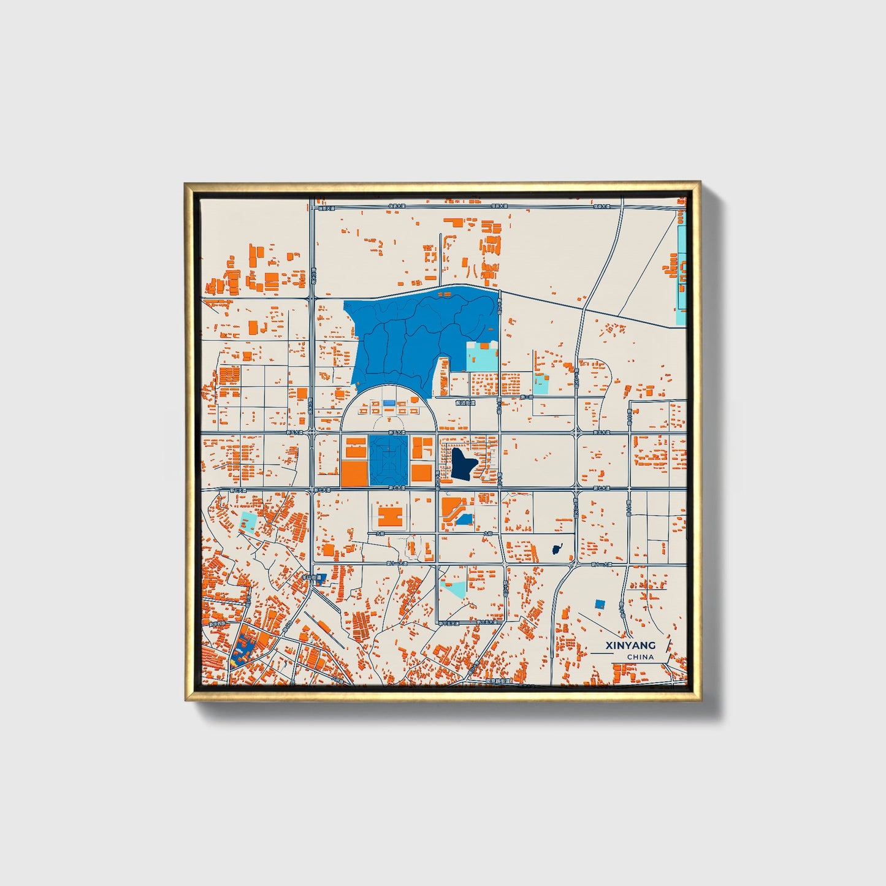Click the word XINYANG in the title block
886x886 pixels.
click(630, 645)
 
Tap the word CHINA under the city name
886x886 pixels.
click(640, 657)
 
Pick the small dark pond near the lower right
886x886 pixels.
click(557, 549)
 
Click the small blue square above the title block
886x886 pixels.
click(600, 604)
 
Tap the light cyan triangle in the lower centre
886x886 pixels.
click(455, 590)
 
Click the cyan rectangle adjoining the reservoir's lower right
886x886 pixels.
click(482, 357)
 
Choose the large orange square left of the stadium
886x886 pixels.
click(354, 473)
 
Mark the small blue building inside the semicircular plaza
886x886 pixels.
click(389, 403)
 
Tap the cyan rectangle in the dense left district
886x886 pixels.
click(248, 522)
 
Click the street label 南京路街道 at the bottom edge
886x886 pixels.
click(497, 681)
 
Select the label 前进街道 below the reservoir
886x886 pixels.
click(465, 403)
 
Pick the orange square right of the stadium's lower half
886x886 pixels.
click(421, 473)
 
